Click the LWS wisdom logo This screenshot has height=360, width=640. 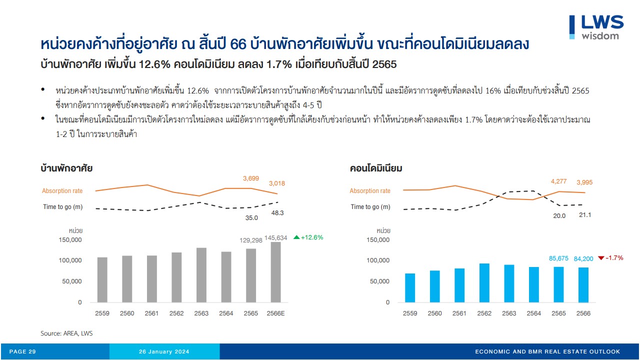[596, 27]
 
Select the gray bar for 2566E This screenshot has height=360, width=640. [275, 272]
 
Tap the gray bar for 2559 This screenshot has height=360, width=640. [102, 280]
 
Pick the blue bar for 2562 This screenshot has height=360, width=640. [484, 283]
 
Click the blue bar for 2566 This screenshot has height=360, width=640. [583, 285]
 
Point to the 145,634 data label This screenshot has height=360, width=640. [275, 238]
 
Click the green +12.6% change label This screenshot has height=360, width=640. [308, 237]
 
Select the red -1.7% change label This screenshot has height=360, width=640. [610, 258]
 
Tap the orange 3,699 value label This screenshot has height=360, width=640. [251, 178]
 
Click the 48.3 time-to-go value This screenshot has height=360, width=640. [277, 212]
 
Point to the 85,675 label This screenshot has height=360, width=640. [559, 258]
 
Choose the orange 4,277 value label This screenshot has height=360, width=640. [558, 181]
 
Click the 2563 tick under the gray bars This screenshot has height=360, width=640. [201, 313]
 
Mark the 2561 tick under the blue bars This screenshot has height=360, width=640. [459, 313]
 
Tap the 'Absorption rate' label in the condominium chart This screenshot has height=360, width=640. [370, 191]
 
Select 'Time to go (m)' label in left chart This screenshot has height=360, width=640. [62, 207]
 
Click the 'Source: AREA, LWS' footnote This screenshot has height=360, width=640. [66, 333]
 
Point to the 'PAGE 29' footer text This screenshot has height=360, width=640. [22, 352]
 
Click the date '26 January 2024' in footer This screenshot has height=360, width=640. [164, 352]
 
